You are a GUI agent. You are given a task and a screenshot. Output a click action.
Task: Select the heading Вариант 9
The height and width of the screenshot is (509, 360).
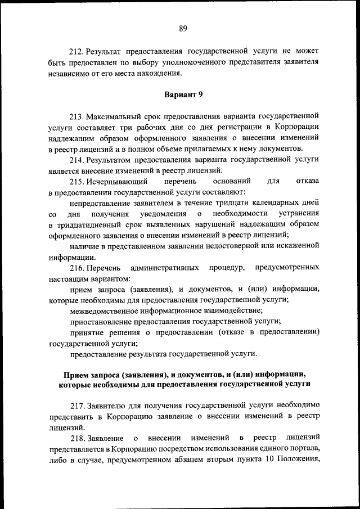pos(183,93)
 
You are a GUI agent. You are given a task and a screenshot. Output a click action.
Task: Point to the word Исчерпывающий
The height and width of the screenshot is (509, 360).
pos(118,181)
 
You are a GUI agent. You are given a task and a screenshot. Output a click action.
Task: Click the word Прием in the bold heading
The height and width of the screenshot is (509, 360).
pos(75,374)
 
